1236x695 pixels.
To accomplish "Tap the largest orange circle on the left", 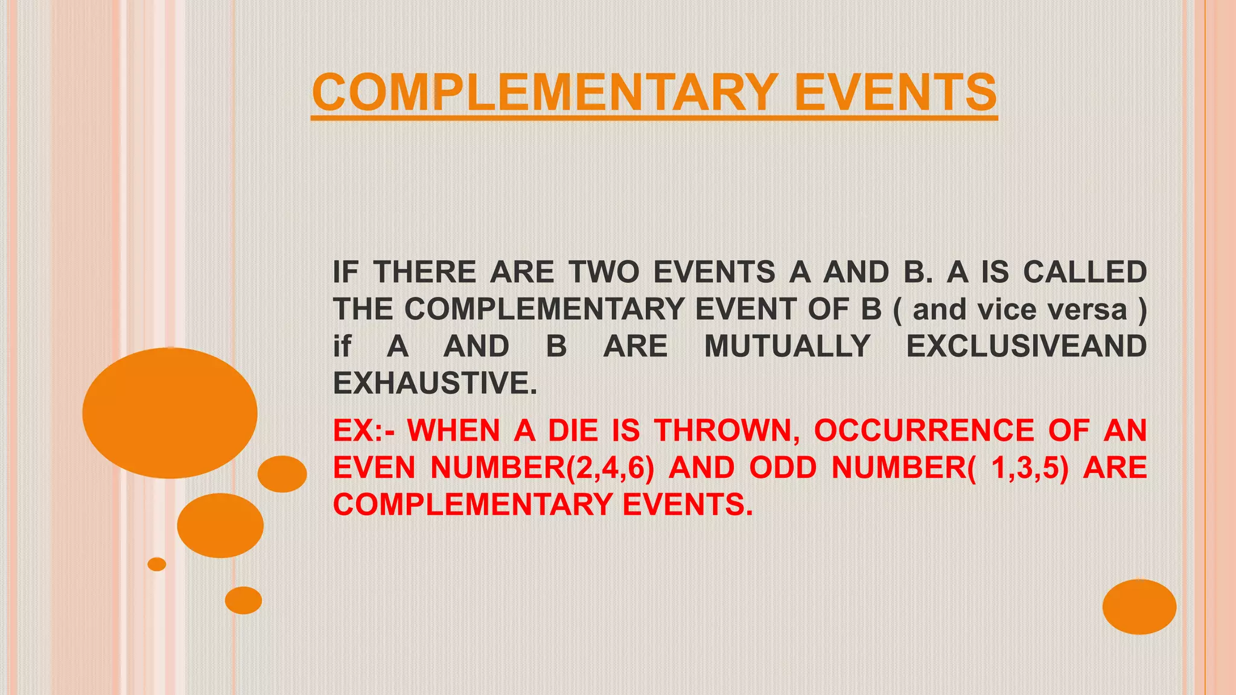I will [170, 413].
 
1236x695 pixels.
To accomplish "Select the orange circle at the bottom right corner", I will [1139, 606].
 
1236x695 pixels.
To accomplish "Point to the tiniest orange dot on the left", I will [157, 564].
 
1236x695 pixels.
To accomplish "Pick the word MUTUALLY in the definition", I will [787, 346].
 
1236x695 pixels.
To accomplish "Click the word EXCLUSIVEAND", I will [1026, 346].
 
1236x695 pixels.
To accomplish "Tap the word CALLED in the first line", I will [1085, 272].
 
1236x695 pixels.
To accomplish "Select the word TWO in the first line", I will [604, 272].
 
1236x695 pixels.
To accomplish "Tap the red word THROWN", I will [727, 431].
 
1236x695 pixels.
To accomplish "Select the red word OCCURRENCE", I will [924, 431].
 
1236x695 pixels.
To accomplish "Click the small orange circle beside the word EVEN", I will [282, 474].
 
